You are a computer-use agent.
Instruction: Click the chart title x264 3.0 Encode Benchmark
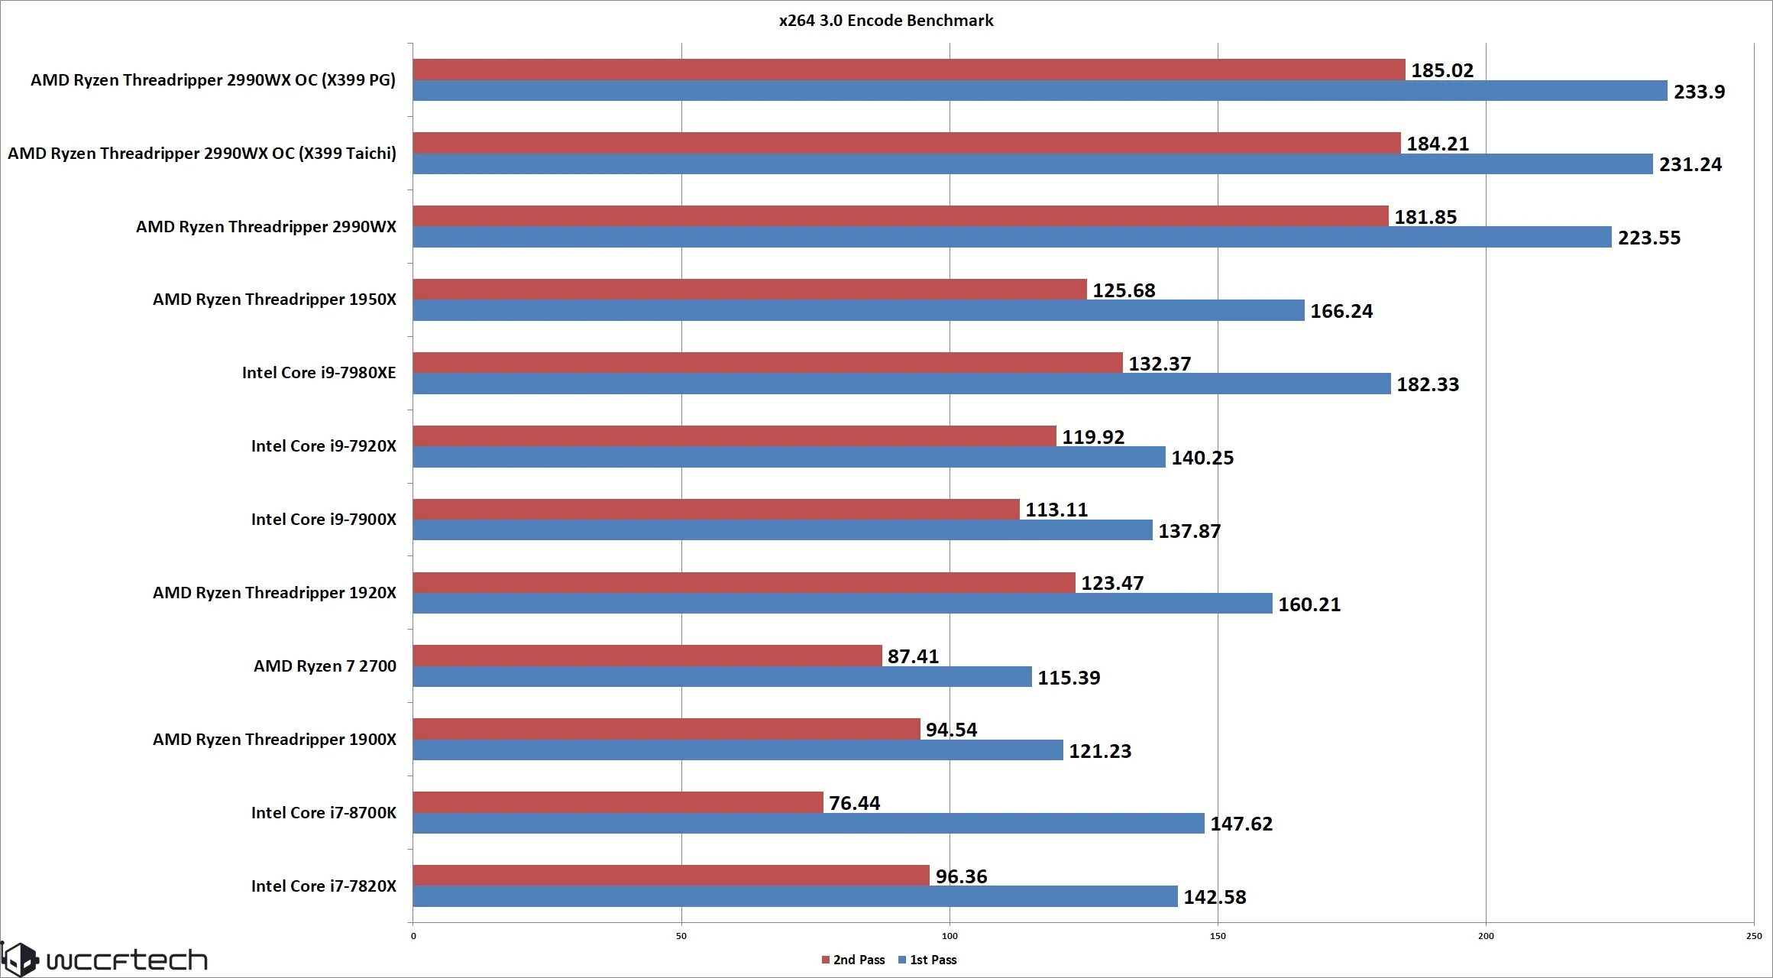tap(886, 21)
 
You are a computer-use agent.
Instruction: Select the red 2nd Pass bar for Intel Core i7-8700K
tap(617, 802)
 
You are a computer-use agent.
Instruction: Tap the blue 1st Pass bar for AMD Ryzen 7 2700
tap(722, 677)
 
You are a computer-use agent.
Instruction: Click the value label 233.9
tap(1699, 92)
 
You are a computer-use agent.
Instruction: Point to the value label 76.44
tap(854, 803)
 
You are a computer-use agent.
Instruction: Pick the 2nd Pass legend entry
tap(853, 960)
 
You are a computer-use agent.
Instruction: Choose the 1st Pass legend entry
tap(928, 960)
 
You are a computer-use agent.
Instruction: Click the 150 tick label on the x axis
tap(1218, 936)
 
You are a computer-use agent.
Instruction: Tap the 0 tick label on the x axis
tap(413, 936)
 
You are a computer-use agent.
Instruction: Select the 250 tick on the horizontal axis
tap(1754, 936)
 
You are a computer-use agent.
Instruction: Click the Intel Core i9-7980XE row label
tap(319, 373)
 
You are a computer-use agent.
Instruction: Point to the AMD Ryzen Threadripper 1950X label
tap(274, 300)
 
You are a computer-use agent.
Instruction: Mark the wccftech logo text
tap(126, 960)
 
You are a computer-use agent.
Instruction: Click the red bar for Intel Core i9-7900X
tap(716, 509)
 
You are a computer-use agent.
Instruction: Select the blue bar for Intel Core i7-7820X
tap(794, 896)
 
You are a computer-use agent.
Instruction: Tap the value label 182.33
tap(1427, 384)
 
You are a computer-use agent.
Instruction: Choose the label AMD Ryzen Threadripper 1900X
tap(274, 740)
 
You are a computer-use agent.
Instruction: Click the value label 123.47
tap(1111, 583)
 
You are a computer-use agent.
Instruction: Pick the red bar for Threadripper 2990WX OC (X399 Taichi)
tap(906, 143)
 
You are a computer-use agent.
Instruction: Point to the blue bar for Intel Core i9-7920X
tap(788, 457)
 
